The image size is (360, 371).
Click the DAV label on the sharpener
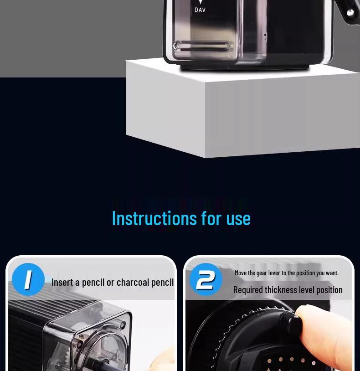pos(200,10)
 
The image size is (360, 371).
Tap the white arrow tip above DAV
pos(200,2)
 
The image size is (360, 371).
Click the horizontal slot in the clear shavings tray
pos(201,46)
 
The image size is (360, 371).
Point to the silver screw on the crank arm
pos(350,13)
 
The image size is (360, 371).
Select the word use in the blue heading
pos(238,218)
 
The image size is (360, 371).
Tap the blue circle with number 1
pos(28,279)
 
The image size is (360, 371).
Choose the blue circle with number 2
pos(206,279)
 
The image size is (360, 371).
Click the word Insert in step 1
pos(62,283)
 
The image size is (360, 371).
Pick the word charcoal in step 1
pos(133,283)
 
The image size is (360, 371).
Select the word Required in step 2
pos(248,290)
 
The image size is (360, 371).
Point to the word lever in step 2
pos(274,273)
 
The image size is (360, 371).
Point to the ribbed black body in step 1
pos(23,337)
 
